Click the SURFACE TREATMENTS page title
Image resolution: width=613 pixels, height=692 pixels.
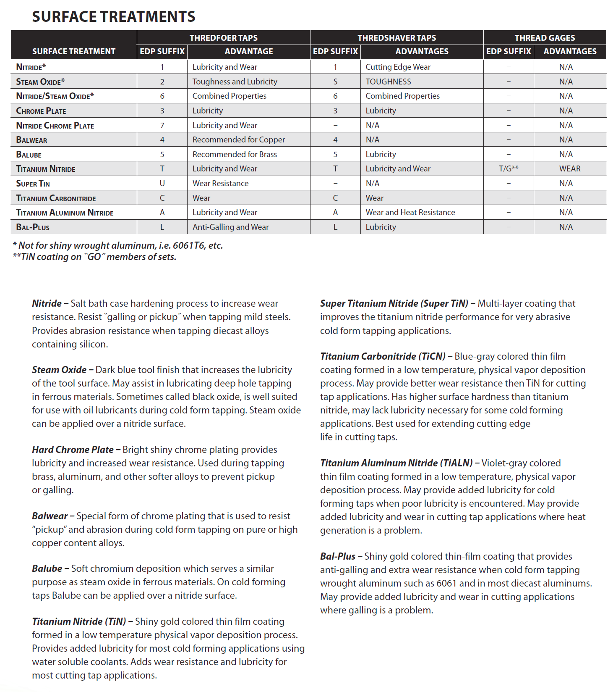point(113,17)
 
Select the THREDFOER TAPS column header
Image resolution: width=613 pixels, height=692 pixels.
point(223,38)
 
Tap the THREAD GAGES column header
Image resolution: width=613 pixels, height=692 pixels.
point(545,38)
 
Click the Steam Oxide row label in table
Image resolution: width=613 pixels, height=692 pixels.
point(40,82)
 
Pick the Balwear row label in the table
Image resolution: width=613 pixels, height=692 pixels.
point(31,140)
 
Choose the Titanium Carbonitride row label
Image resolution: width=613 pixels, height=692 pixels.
point(56,198)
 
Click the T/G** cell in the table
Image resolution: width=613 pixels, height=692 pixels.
point(508,169)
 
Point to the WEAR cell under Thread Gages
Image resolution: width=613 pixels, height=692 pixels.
point(569,169)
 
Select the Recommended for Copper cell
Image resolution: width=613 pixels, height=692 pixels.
point(238,140)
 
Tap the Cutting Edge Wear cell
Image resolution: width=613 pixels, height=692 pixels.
point(398,67)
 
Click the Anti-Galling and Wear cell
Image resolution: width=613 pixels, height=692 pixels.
point(230,227)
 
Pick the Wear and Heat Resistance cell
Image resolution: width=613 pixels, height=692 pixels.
point(410,213)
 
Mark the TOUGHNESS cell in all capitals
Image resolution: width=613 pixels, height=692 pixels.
point(388,82)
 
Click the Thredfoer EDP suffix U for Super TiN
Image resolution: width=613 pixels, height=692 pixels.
point(162,184)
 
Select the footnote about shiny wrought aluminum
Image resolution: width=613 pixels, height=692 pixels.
point(118,245)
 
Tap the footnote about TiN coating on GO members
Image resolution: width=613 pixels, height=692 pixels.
point(94,257)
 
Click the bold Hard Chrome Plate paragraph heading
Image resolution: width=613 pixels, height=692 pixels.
point(73,450)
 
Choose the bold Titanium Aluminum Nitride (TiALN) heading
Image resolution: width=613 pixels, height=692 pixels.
point(396,463)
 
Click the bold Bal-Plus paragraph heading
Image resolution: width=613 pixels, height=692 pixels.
point(337,556)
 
